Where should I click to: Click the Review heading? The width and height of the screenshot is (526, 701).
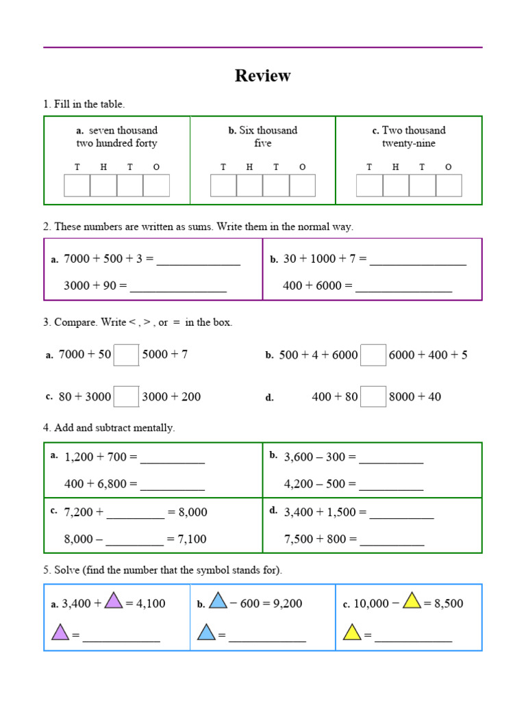pos(262,76)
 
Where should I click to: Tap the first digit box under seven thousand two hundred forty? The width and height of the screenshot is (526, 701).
pos(77,186)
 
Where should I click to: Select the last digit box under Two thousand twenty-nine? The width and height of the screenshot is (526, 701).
pos(449,186)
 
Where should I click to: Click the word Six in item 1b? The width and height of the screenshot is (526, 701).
pos(247,130)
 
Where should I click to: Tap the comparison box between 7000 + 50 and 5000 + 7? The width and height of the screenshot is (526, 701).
pos(126,355)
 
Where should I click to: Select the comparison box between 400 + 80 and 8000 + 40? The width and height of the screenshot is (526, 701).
pos(373,396)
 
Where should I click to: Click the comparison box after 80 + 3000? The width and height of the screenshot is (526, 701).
pos(126,396)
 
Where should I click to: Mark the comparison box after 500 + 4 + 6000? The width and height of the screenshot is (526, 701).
pos(373,355)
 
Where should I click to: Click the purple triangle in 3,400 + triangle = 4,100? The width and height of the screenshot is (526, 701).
pos(114,601)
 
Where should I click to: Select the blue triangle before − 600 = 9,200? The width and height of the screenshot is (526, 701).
pos(218,601)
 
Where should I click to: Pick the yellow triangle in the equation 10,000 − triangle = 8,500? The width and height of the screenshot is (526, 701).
pos(412,601)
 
